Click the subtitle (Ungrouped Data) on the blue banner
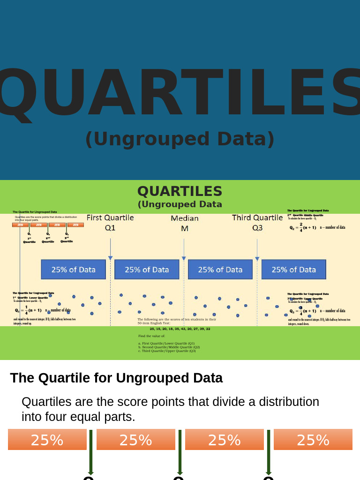[x=180, y=139]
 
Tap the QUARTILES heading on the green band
[x=180, y=191]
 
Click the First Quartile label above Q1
[x=110, y=217]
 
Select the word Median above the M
[x=184, y=218]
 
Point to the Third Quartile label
[x=257, y=217]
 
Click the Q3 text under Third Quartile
[x=257, y=228]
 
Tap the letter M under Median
[x=184, y=228]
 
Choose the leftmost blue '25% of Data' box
[x=74, y=270]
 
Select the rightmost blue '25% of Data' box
[x=293, y=270]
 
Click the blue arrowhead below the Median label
[x=184, y=258]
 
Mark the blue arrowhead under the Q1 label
[x=110, y=258]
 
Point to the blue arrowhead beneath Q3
[x=257, y=258]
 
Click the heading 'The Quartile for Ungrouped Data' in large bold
[x=116, y=378]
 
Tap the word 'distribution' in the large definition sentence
[x=285, y=402]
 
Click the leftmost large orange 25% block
[x=47, y=440]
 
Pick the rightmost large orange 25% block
[x=313, y=440]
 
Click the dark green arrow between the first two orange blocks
[x=91, y=452]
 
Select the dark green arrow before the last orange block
[x=269, y=452]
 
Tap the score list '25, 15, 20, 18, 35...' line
[x=180, y=329]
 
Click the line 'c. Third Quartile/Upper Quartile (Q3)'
[x=167, y=351]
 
